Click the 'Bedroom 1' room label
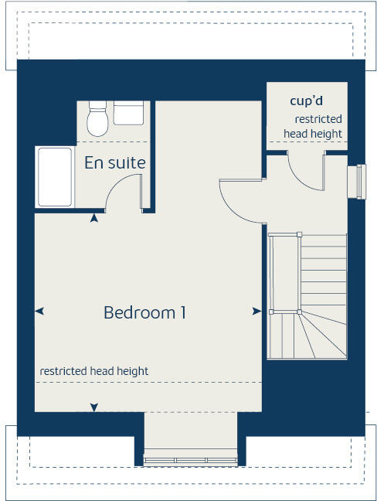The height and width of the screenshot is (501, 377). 144,313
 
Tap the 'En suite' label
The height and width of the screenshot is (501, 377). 115,163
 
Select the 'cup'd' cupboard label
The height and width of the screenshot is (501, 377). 306,101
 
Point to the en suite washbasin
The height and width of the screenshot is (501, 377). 128,113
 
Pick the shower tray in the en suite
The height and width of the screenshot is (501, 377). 56,177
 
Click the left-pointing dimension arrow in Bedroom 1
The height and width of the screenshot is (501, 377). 39,311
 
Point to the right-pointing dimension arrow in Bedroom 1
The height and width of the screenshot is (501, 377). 256,311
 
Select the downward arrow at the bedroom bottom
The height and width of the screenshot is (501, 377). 94,407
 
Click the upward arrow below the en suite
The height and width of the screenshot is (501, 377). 94,219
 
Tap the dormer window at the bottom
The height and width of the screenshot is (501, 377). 190,461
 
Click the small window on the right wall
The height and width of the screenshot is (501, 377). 358,182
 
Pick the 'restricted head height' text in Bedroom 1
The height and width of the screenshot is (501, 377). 94,371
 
